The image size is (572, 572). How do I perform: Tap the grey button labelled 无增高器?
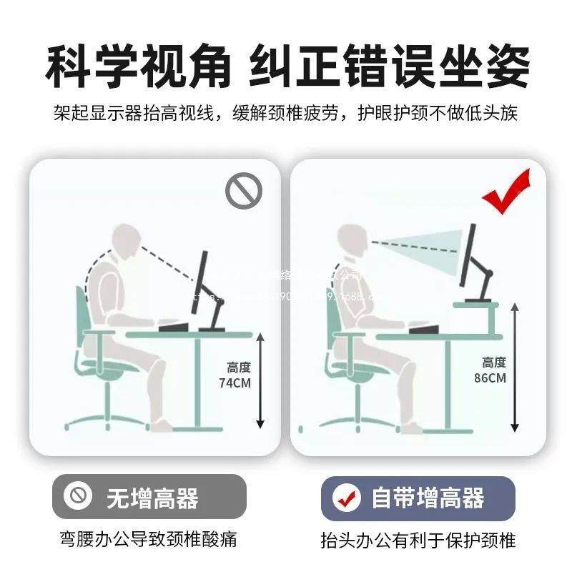pyautogui.click(x=149, y=497)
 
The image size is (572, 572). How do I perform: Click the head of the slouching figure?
pyautogui.click(x=128, y=243)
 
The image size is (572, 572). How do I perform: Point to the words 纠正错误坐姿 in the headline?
pyautogui.click(x=390, y=67)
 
